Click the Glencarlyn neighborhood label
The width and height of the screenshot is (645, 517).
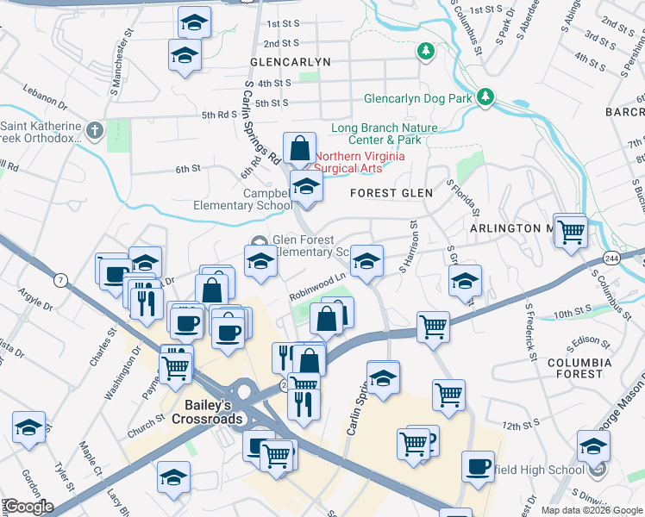(290, 63)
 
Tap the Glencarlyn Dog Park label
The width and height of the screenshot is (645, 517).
(418, 98)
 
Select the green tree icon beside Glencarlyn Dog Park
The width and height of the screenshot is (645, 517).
(486, 96)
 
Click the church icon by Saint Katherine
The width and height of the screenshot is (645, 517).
(96, 131)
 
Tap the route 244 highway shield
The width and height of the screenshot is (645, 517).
(636, 257)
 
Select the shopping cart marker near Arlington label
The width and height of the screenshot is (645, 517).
(570, 230)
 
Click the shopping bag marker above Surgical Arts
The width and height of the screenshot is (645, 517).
(299, 148)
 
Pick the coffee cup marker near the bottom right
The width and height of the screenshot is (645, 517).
(477, 466)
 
